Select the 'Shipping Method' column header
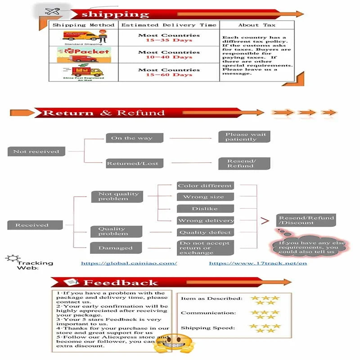click(84, 25)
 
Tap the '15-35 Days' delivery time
click(169, 40)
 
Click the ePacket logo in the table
click(84, 54)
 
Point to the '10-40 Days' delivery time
click(169, 57)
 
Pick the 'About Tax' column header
click(257, 25)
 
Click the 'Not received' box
click(36, 152)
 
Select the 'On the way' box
click(134, 138)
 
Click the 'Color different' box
click(205, 186)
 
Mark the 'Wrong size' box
click(205, 197)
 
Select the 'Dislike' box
click(205, 209)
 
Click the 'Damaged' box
click(116, 248)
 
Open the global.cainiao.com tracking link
click(129, 263)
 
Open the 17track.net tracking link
click(258, 263)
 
